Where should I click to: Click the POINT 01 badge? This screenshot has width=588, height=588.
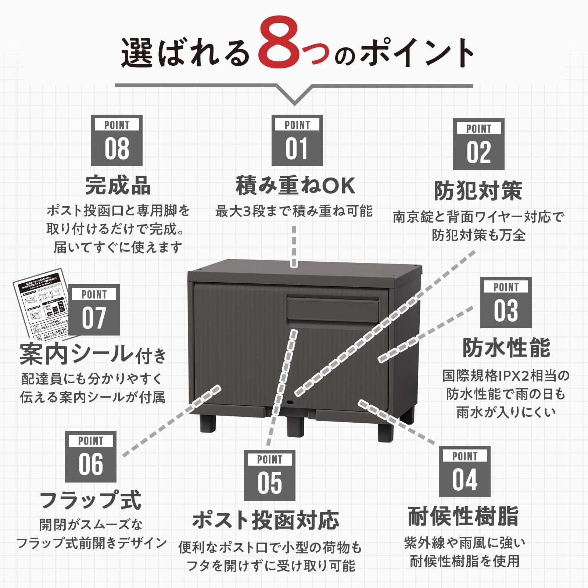tap(297, 140)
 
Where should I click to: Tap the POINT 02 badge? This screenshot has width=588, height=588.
tap(478, 144)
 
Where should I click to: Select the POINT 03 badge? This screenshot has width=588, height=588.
tap(506, 302)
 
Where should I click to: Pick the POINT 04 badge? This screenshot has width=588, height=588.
tap(465, 471)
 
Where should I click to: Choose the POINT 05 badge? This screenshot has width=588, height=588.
tap(270, 475)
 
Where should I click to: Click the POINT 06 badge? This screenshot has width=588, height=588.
tap(91, 456)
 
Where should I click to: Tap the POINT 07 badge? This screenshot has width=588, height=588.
tap(94, 309)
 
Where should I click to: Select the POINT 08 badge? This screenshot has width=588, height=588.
tap(117, 140)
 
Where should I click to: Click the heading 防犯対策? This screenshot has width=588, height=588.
tap(478, 191)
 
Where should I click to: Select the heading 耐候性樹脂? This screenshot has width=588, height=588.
tap(463, 516)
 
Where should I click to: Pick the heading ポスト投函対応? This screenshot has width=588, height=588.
tap(265, 520)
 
